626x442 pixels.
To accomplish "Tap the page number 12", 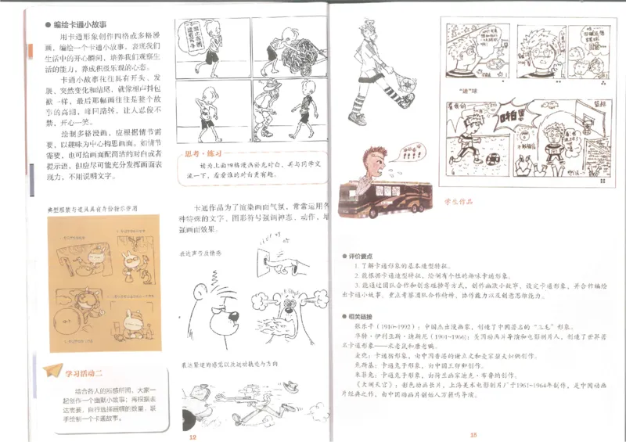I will (191, 435).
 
